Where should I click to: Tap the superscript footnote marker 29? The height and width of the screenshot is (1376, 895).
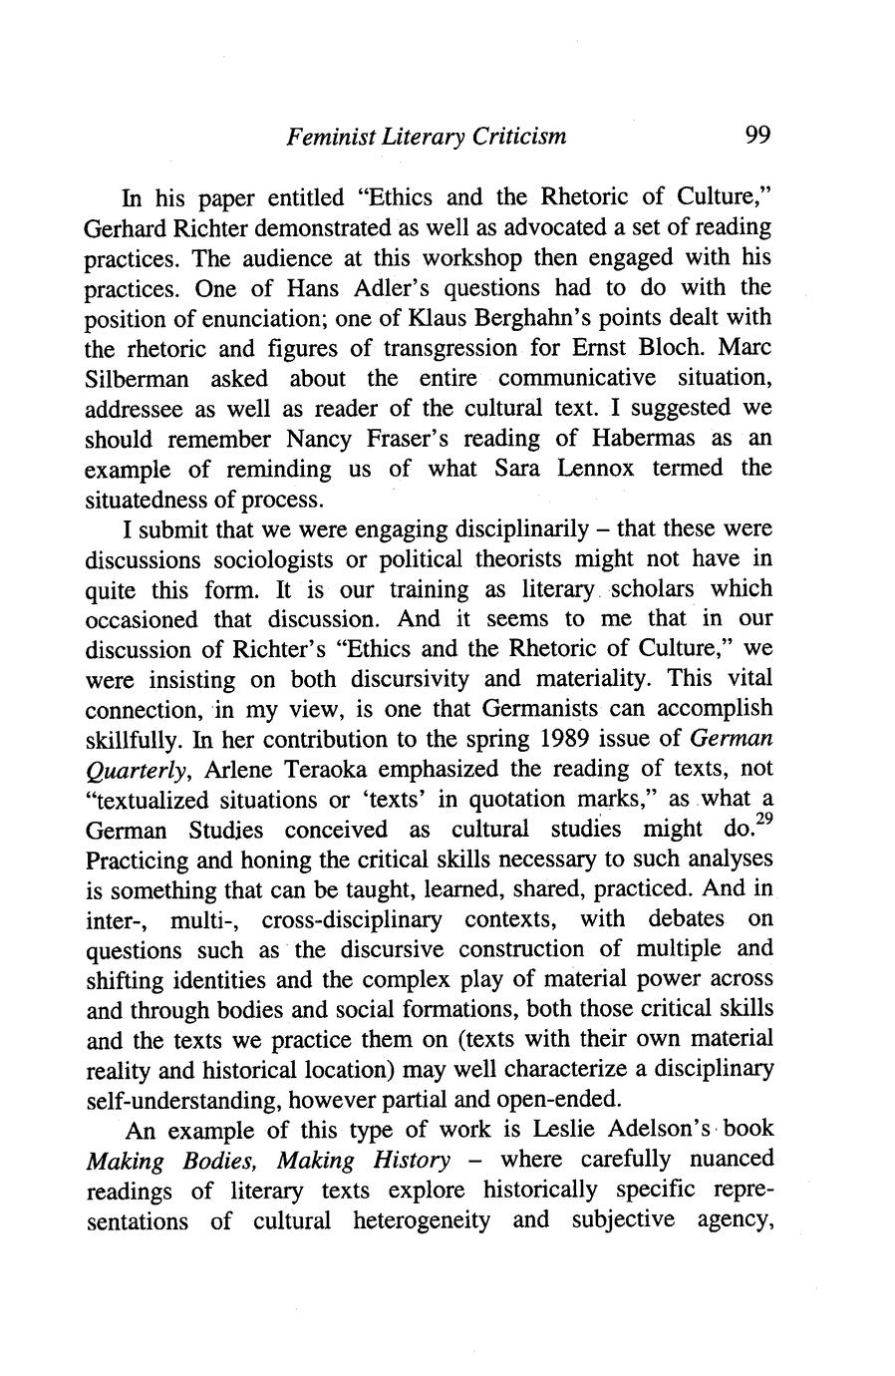coord(763,821)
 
